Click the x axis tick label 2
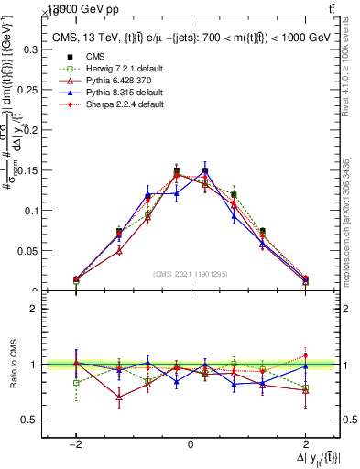pyautogui.click(x=305, y=444)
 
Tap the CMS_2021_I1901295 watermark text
pyautogui.click(x=190, y=275)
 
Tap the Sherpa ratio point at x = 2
pyautogui.click(x=305, y=356)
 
